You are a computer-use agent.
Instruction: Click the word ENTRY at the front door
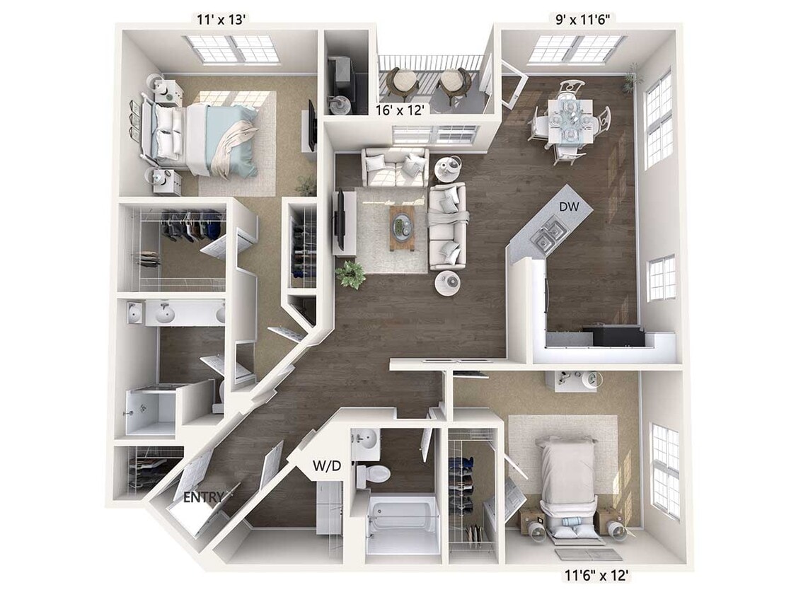[204, 497]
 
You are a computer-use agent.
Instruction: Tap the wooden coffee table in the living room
[401, 227]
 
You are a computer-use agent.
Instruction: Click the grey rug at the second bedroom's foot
[587, 555]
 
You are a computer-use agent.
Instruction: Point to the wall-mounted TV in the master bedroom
[311, 124]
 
